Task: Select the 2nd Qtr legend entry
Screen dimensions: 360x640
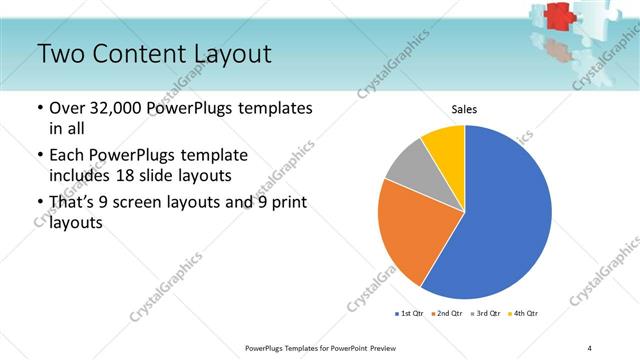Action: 445,314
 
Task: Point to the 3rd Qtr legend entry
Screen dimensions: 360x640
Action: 485,314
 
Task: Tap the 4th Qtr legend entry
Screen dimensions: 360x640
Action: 524,314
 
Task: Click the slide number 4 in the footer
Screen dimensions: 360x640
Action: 590,347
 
